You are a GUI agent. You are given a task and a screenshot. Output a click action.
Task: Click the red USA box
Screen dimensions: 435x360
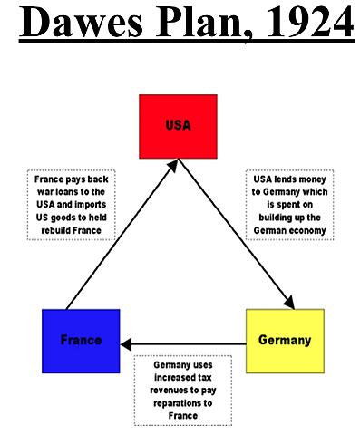pos(178,126)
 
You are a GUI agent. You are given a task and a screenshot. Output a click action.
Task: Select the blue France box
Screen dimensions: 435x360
pos(81,341)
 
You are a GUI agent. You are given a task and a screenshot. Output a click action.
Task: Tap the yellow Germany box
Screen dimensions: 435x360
pos(284,341)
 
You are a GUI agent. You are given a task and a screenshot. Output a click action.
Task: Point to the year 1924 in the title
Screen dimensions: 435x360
pos(306,24)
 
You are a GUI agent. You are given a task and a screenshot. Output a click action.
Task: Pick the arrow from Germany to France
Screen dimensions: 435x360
pos(186,344)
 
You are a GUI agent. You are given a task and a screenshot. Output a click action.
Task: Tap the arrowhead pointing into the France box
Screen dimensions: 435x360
pos(126,344)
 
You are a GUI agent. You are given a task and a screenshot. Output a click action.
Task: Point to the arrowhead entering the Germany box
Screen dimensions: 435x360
pos(289,302)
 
